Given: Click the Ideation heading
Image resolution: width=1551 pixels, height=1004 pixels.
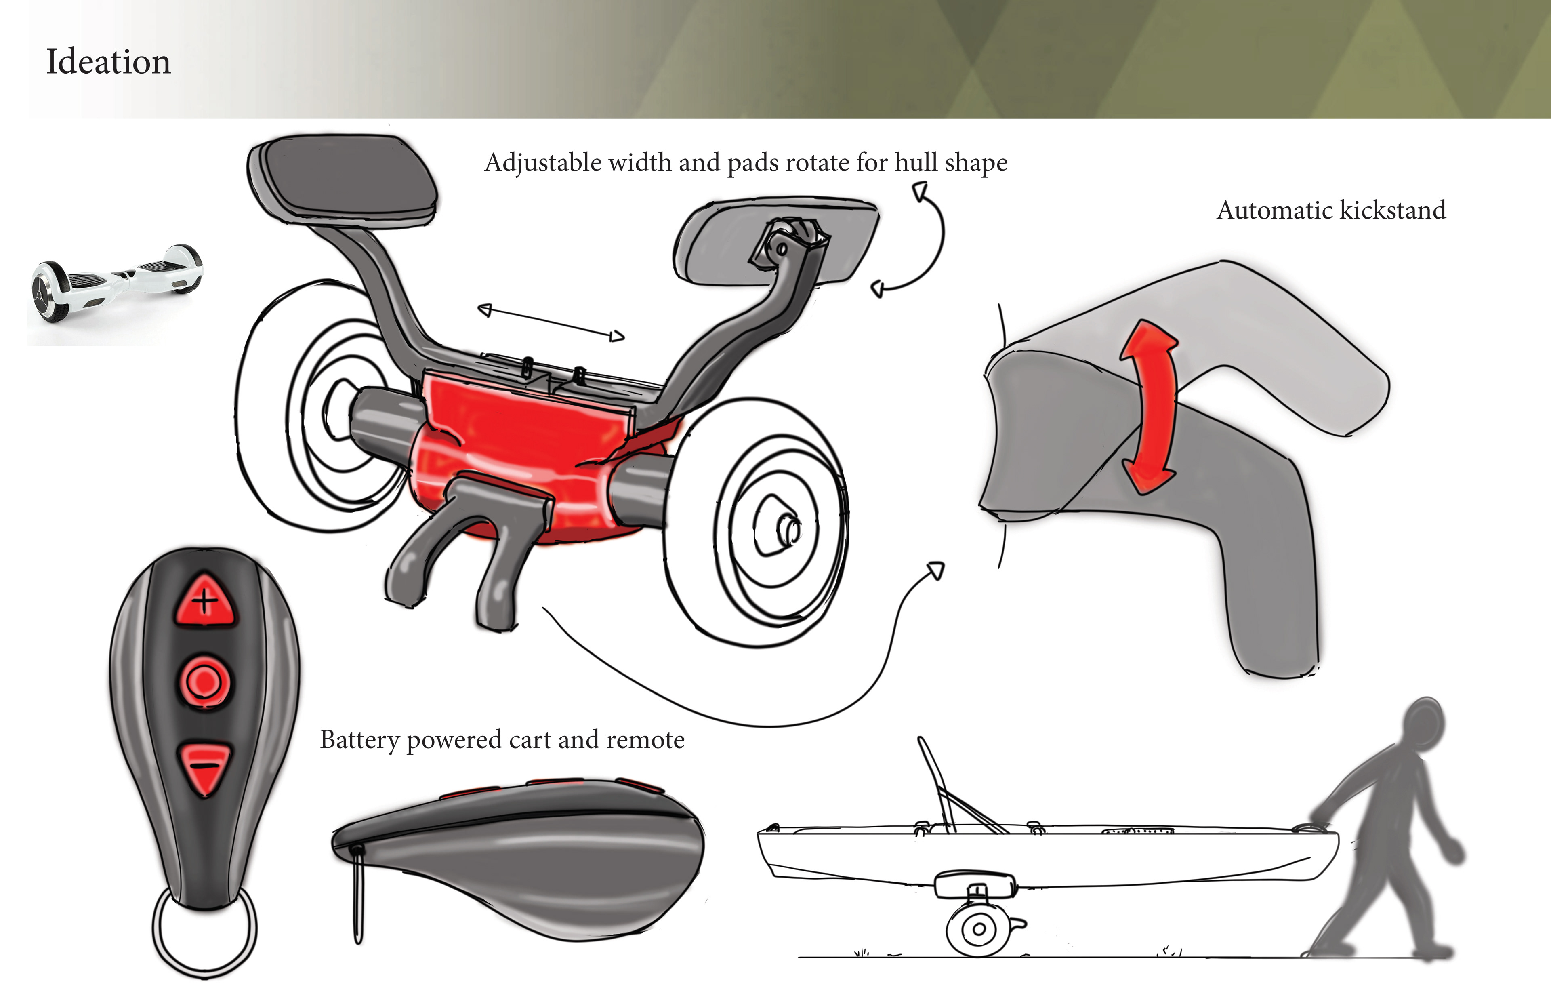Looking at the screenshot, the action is [108, 62].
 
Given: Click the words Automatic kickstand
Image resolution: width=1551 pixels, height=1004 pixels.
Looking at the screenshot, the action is [1331, 210].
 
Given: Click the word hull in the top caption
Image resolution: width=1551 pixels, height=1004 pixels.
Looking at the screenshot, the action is [916, 162].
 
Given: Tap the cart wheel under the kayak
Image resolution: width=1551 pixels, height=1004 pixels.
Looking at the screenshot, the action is [977, 928].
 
